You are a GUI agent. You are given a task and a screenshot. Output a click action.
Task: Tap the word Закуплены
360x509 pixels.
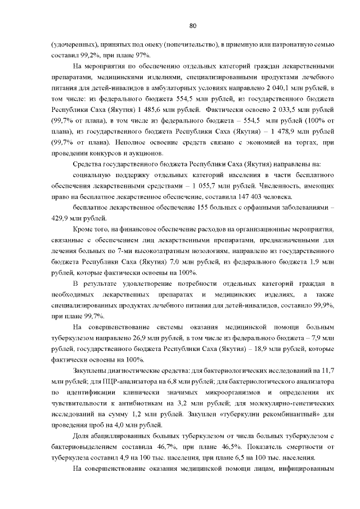pyautogui.click(x=91, y=371)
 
